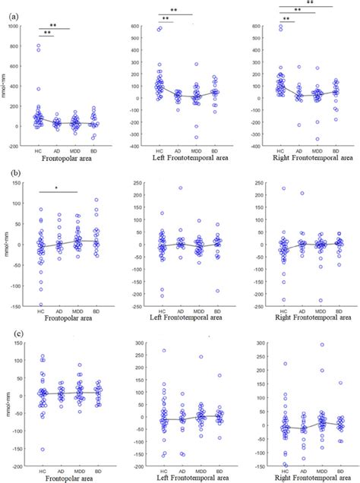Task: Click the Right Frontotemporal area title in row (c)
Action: tap(303, 478)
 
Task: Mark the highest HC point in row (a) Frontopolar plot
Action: tap(39, 46)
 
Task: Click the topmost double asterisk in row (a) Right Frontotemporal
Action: tap(310, 3)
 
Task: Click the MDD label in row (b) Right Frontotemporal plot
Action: tap(321, 308)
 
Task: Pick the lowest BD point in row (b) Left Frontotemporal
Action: tap(218, 290)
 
